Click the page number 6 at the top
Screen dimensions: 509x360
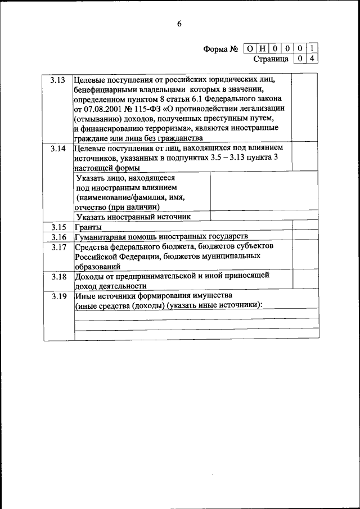point(179,24)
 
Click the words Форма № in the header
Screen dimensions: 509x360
point(221,49)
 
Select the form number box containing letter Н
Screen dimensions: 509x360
point(262,49)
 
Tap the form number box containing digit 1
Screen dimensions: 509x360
point(312,49)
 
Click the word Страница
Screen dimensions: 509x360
point(271,58)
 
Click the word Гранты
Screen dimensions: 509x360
point(87,228)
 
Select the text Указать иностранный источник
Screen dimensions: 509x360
point(134,217)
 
